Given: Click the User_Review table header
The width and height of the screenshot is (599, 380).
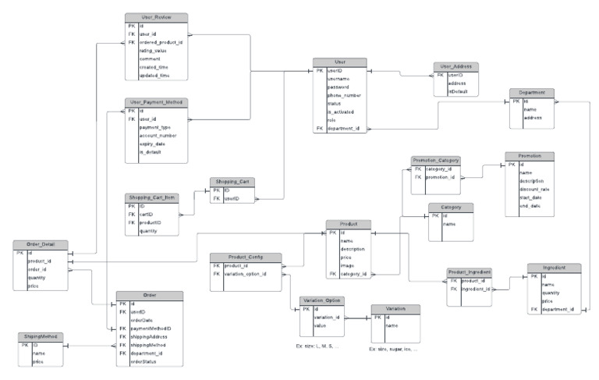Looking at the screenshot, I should pyautogui.click(x=156, y=17).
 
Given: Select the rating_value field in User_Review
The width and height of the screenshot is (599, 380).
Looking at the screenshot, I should pyautogui.click(x=154, y=51).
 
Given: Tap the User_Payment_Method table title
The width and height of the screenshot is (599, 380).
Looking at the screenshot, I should pyautogui.click(x=156, y=102).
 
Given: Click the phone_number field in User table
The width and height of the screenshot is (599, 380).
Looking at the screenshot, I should pyautogui.click(x=344, y=94).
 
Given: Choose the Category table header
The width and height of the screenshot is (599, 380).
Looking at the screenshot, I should pyautogui.click(x=452, y=207).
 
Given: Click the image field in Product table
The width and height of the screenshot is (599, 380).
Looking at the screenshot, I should pyautogui.click(x=348, y=265).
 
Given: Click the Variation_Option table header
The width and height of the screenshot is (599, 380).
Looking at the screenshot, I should pyautogui.click(x=322, y=300).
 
